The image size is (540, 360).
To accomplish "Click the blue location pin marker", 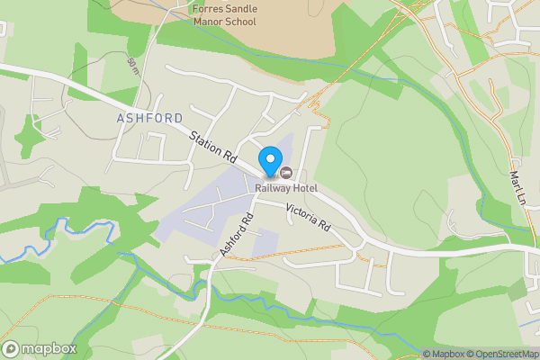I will (x=269, y=162).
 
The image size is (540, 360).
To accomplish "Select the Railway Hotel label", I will (x=285, y=187).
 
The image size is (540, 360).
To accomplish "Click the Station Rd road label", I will (x=212, y=144).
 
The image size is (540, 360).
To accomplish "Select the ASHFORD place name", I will (x=149, y=118).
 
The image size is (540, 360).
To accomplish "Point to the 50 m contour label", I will (x=134, y=66).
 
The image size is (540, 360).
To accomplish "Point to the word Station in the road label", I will (x=205, y=139).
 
